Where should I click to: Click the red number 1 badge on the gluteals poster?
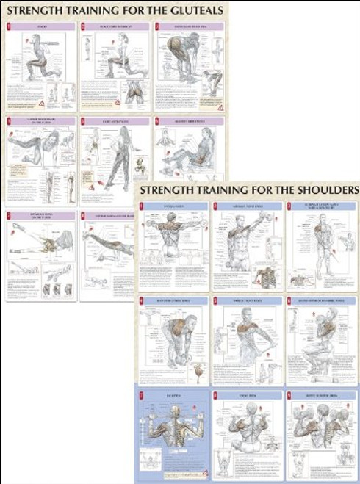[9, 27]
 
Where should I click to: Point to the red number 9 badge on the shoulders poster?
[289, 395]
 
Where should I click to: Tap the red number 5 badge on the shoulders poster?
[215, 300]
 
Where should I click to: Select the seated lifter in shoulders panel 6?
[323, 334]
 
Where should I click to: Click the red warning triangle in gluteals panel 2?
[116, 103]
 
